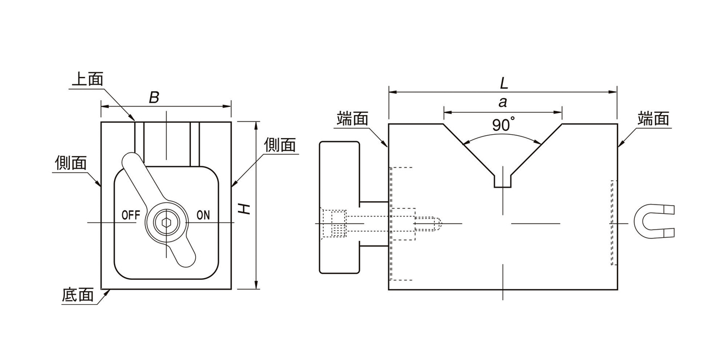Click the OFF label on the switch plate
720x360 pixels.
(131, 214)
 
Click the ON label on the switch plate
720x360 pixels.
(203, 214)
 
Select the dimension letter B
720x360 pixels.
(154, 98)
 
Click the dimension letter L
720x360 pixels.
(504, 83)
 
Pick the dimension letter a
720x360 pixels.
(502, 102)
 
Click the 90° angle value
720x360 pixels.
(502, 125)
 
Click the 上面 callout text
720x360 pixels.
(87, 80)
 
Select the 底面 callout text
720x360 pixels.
(78, 295)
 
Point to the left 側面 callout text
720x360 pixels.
(71, 163)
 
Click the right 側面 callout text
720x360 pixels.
(280, 145)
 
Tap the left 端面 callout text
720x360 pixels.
(353, 118)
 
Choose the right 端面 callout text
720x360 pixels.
(653, 118)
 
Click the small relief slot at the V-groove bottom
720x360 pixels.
(502, 181)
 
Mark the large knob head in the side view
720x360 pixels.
(339, 207)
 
